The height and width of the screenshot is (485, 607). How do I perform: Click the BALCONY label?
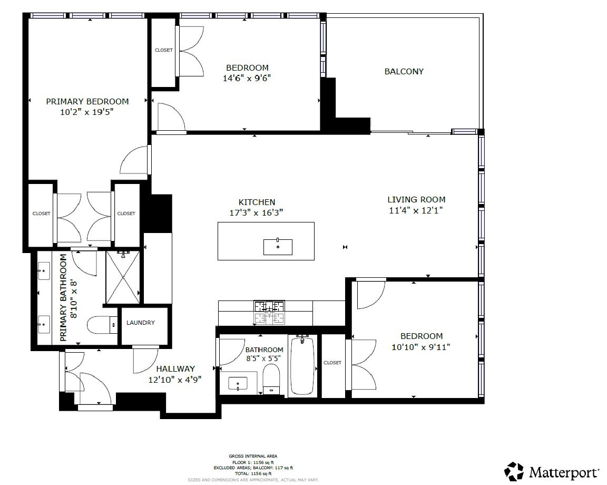coord(404,72)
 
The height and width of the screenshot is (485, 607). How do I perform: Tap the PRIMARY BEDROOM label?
coord(87,101)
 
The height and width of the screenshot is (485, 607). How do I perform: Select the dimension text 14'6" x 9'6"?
coord(247,78)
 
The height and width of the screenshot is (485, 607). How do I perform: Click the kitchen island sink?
coord(278,247)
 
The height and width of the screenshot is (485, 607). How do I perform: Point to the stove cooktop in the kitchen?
coord(269,312)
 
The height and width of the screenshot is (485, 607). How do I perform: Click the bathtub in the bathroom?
coord(302,365)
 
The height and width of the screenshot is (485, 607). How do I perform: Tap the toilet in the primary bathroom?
coord(101,324)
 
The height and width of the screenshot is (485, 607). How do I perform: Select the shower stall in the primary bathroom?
coord(123,277)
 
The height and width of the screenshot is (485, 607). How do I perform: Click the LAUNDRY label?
coord(141,323)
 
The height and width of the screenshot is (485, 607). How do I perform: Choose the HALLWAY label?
coord(175,369)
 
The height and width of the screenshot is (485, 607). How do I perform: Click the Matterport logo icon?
coord(514,471)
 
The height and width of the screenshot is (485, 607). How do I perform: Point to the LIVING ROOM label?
coord(416,199)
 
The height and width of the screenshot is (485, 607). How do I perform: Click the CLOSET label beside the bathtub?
coord(332,363)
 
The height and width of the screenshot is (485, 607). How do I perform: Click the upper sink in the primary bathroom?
coord(43,273)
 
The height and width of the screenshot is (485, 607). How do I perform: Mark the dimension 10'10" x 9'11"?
coord(420,347)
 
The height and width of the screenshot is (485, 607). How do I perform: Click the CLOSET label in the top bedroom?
coord(163,50)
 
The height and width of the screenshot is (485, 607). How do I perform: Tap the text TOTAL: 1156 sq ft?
coord(253,473)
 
